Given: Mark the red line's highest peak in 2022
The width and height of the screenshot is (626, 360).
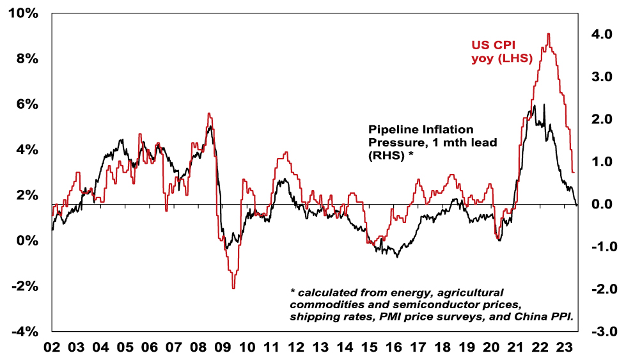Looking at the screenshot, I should (549, 34).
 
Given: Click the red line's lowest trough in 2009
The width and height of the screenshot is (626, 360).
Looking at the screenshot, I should (233, 288).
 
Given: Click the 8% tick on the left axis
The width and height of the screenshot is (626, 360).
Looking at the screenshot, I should (24, 59).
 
